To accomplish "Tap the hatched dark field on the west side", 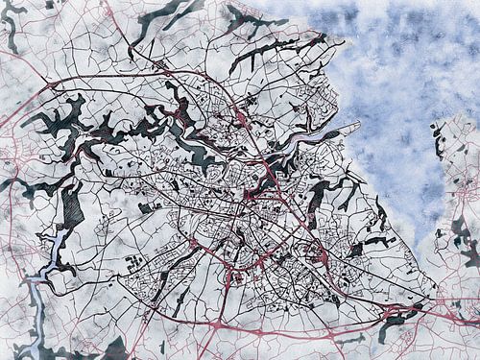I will (73, 206).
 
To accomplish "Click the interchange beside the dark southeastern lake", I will (395, 313).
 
